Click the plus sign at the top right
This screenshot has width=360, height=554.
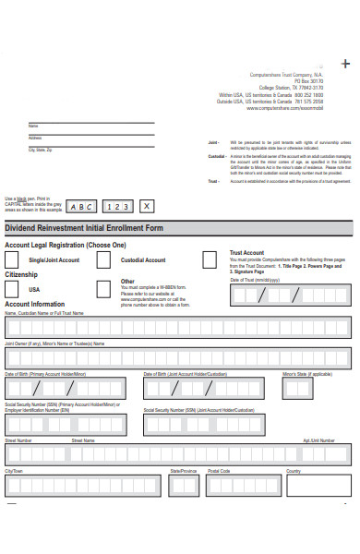click(x=345, y=63)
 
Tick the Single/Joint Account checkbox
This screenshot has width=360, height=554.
click(x=14, y=260)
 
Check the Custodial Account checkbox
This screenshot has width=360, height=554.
click(x=105, y=260)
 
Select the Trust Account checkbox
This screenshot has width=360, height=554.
click(x=210, y=259)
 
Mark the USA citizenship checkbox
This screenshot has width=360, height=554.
click(x=14, y=289)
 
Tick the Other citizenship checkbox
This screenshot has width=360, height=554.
click(x=105, y=289)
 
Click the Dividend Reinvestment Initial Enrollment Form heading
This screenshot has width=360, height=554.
click(x=84, y=227)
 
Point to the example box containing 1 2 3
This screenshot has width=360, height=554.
click(x=118, y=207)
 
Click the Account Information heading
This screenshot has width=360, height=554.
click(x=35, y=304)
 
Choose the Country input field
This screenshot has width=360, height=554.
click(x=317, y=484)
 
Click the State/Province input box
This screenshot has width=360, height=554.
click(x=185, y=484)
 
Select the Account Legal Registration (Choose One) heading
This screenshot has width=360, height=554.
click(x=66, y=246)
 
